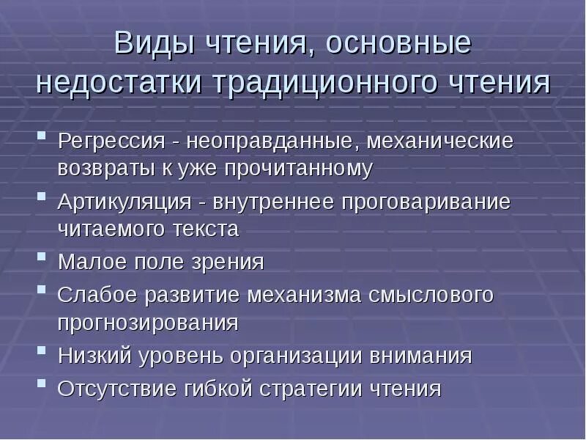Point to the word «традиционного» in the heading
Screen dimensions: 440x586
tap(327, 81)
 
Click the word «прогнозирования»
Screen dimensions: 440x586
tap(148, 323)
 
